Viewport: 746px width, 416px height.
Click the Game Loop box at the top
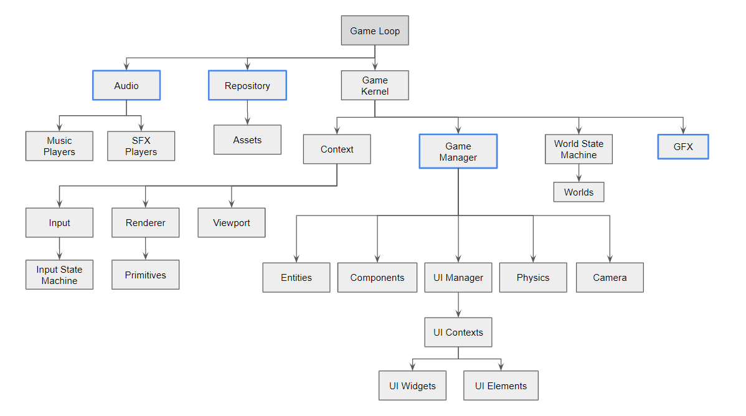[x=375, y=31]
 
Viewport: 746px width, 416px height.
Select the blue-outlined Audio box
[x=126, y=85]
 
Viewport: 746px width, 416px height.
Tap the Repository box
[x=247, y=85]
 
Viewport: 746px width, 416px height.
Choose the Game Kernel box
[x=375, y=85]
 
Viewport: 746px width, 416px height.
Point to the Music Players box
[x=59, y=146]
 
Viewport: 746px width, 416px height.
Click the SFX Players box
[x=141, y=146]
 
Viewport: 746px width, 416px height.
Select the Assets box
[x=247, y=139]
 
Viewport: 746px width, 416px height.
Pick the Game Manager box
[x=458, y=151]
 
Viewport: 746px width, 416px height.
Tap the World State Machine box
[x=578, y=149]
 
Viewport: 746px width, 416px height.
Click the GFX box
[x=682, y=147]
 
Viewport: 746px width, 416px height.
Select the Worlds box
[x=578, y=192]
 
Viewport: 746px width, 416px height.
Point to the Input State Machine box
[x=59, y=275]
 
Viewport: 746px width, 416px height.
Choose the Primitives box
[x=145, y=275]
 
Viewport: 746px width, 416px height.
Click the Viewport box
[x=231, y=222]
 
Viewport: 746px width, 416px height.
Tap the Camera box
[x=609, y=277]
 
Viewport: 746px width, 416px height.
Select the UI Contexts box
[x=458, y=332]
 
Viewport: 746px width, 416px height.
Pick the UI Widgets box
[x=413, y=385]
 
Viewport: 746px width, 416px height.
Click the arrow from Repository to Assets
[x=247, y=113]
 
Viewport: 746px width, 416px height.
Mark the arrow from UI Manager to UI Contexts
[x=458, y=305]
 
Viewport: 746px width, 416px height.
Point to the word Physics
[x=533, y=278]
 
